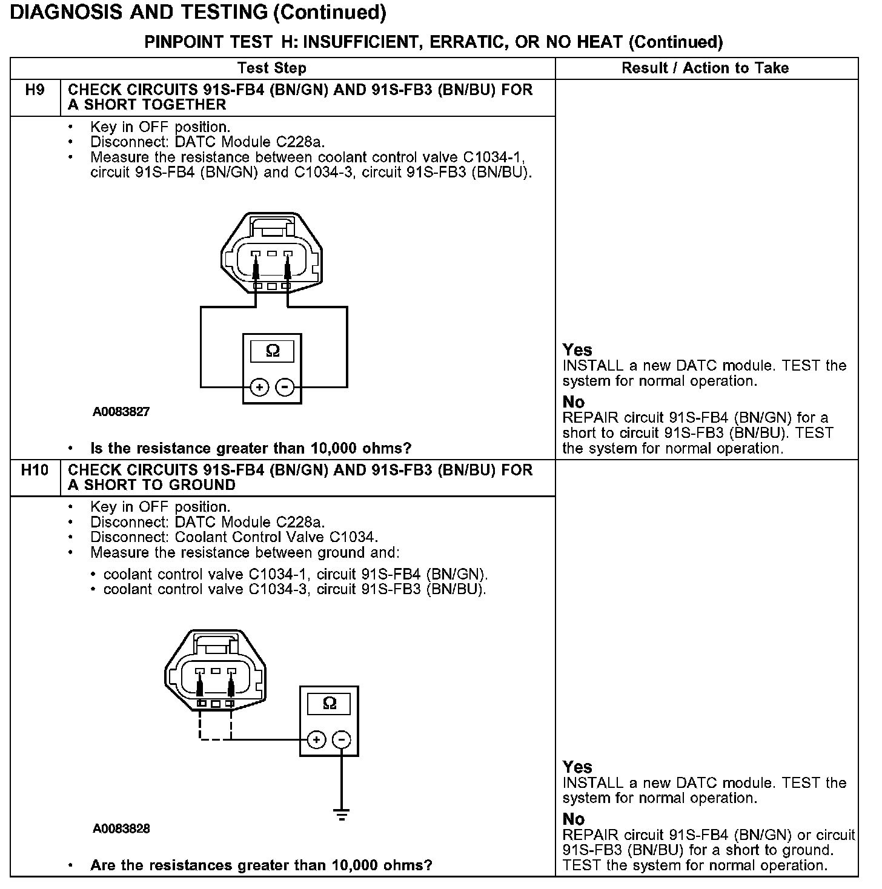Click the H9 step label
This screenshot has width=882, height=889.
[x=35, y=90]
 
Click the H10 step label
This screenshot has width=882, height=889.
[x=35, y=471]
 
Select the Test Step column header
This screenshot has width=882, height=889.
[x=271, y=68]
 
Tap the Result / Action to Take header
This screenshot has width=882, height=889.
[x=705, y=68]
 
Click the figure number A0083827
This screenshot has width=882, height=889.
[x=121, y=412]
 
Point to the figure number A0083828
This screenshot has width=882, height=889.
[x=121, y=828]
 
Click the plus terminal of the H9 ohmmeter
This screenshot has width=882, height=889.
[x=259, y=387]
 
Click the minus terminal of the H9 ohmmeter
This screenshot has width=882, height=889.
[x=285, y=387]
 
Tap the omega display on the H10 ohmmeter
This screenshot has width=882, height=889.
[x=329, y=703]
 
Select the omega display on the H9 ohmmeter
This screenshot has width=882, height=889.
[x=273, y=351]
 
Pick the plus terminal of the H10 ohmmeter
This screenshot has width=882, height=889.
[x=316, y=739]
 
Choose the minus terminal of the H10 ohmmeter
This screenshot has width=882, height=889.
[x=342, y=739]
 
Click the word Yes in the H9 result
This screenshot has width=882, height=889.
[x=577, y=350]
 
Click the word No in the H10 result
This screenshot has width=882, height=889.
[x=573, y=819]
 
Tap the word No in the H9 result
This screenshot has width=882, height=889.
[x=573, y=402]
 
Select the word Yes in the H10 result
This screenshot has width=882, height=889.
[x=577, y=767]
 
